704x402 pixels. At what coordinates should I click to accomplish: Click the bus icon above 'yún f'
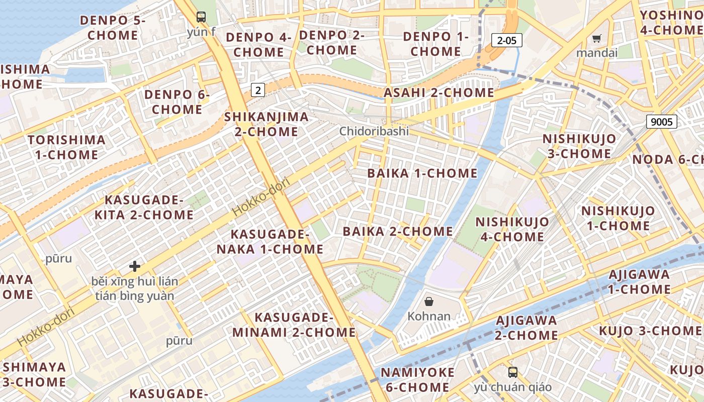[201, 17]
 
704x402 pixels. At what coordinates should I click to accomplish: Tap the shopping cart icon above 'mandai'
[597, 38]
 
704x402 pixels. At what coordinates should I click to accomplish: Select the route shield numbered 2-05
[507, 41]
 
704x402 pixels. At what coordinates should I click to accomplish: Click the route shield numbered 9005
[662, 121]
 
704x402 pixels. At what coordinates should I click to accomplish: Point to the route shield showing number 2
[258, 90]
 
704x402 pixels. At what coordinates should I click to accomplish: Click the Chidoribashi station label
[374, 131]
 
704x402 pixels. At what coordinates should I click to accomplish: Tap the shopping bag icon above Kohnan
[429, 301]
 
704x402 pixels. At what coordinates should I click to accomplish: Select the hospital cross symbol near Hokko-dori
[135, 266]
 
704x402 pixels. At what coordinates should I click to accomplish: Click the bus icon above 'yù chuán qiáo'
[513, 372]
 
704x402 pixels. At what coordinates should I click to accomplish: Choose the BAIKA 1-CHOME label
[422, 173]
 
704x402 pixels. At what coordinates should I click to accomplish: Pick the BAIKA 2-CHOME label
[398, 232]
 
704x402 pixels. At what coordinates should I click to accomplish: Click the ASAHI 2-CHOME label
[439, 93]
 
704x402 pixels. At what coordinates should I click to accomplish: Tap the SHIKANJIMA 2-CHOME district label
[267, 124]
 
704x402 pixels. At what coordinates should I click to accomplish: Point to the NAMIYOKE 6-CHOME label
[417, 380]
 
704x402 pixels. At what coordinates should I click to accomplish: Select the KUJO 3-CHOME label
[650, 331]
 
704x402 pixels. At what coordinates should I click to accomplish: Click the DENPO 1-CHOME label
[436, 44]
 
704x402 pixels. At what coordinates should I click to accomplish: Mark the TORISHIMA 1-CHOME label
[67, 147]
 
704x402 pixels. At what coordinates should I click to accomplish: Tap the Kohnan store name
[429, 317]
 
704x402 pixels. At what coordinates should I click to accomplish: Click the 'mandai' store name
[597, 53]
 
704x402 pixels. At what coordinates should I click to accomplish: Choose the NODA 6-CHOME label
[668, 160]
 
